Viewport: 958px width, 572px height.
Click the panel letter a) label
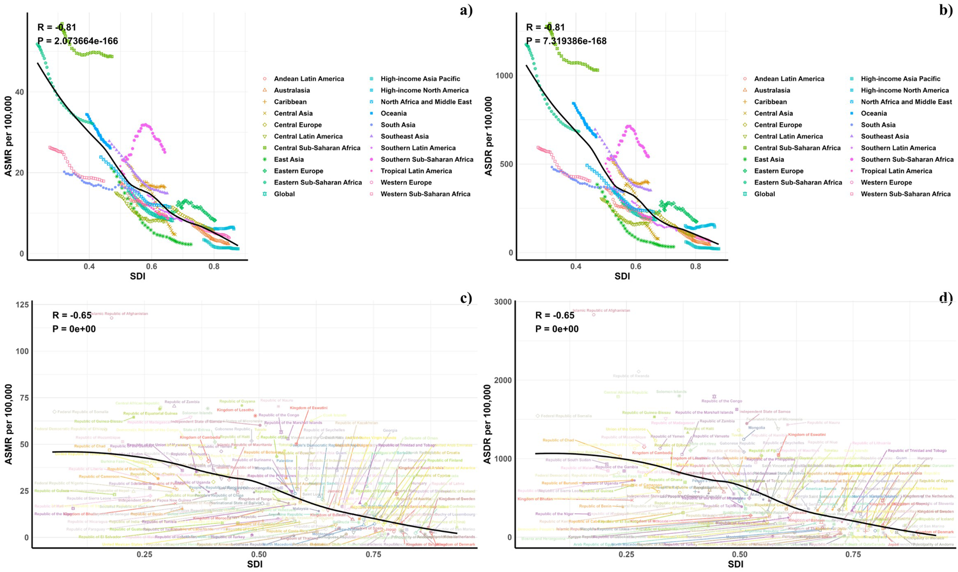(466, 10)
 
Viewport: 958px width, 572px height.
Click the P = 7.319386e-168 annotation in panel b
(566, 41)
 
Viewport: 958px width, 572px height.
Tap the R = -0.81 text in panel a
(57, 27)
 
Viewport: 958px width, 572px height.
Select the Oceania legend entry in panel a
(393, 113)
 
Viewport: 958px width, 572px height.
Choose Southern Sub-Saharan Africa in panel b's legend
(907, 159)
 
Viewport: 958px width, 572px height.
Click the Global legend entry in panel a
(284, 194)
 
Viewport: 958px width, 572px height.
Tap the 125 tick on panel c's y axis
(22, 305)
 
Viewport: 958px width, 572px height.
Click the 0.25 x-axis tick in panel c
(145, 554)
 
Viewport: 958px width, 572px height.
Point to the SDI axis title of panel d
(735, 564)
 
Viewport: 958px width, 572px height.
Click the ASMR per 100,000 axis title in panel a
(8, 136)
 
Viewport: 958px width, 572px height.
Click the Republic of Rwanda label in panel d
(631, 376)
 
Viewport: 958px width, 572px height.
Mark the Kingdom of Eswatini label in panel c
(308, 408)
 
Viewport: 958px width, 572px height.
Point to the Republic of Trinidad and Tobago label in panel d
(917, 450)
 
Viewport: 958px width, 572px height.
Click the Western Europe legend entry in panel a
(406, 182)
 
